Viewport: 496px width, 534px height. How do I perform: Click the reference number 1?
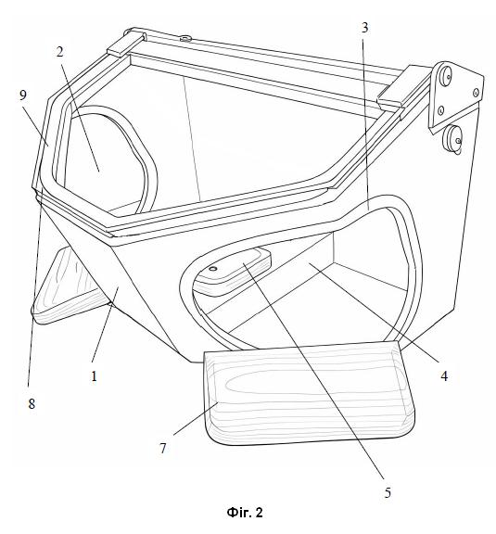click(94, 376)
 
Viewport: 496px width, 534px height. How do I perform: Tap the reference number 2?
click(60, 52)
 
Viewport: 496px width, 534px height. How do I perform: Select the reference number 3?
click(365, 28)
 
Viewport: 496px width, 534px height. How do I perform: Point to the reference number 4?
click(444, 376)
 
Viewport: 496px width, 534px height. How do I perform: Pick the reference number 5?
click(388, 493)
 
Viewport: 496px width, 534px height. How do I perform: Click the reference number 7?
click(163, 449)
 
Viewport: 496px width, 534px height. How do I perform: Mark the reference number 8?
click(32, 404)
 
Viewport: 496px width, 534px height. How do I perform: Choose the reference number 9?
click(22, 95)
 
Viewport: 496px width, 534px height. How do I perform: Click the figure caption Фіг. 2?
click(245, 513)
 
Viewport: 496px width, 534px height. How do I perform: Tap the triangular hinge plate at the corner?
click(455, 97)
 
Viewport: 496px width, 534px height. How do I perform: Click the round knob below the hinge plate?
click(453, 140)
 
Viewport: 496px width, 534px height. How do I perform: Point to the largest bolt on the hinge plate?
click(445, 74)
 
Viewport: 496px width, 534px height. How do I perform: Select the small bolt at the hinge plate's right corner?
click(476, 92)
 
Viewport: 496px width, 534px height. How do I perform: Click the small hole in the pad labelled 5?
click(213, 269)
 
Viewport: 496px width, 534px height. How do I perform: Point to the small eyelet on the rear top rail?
click(185, 39)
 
